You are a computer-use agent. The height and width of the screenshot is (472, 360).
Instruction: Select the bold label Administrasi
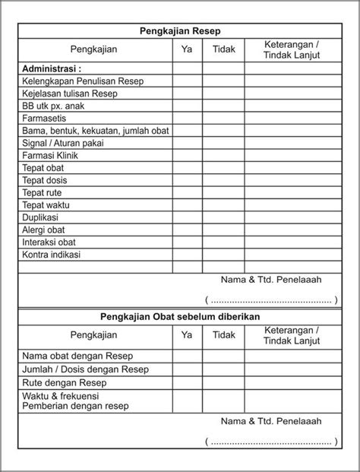[x=54, y=68]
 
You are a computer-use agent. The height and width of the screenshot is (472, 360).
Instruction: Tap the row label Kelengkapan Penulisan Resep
[x=83, y=81]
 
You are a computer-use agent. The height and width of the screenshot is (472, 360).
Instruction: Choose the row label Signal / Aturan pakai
[x=63, y=142]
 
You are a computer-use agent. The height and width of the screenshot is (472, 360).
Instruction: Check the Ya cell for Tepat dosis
[x=187, y=179]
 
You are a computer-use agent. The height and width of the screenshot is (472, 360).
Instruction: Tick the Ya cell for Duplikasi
[x=187, y=217]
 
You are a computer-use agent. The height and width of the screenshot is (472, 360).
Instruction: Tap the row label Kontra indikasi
[x=52, y=254]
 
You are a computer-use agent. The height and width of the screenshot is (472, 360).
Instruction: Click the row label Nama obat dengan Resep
[x=75, y=356]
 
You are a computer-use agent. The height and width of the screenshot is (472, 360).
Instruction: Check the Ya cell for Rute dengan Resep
[x=187, y=383]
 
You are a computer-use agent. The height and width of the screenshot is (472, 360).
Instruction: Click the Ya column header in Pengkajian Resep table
[x=187, y=49]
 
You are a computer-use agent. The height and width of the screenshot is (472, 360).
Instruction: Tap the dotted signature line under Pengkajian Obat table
[x=271, y=442]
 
